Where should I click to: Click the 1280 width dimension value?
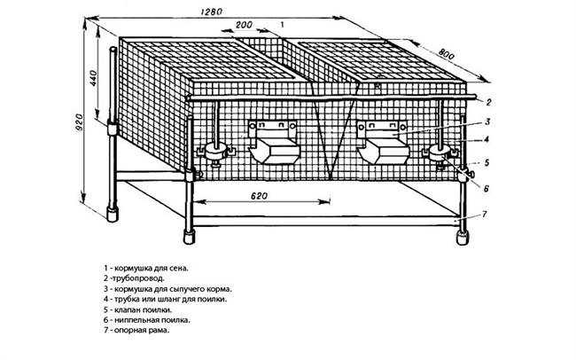[x=212, y=12]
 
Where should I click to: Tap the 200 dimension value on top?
[x=244, y=25]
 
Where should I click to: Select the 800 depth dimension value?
[x=447, y=54]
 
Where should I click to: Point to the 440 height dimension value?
[x=92, y=78]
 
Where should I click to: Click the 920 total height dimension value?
[x=79, y=122]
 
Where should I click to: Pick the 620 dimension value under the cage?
[x=259, y=196]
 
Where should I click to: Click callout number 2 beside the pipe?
[x=488, y=102]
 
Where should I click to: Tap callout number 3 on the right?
[x=487, y=121]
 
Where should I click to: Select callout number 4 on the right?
[x=486, y=139]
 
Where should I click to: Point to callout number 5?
[x=486, y=162]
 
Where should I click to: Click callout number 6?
[x=486, y=189]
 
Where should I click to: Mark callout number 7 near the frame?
[x=485, y=214]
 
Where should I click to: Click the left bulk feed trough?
[x=273, y=142]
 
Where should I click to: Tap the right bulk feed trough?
[x=382, y=142]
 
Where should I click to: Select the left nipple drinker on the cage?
[x=215, y=152]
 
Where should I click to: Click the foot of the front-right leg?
[x=462, y=237]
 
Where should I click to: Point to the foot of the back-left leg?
[x=113, y=215]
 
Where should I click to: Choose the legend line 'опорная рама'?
[x=136, y=330]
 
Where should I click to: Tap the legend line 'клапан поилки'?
[x=137, y=309]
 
